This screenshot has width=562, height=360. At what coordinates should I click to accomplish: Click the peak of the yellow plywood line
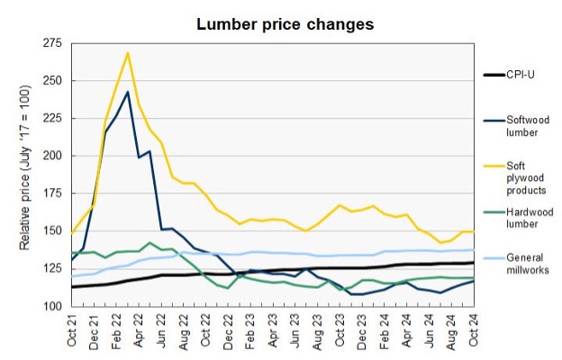128,52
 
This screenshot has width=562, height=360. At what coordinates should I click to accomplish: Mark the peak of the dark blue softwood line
128,92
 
